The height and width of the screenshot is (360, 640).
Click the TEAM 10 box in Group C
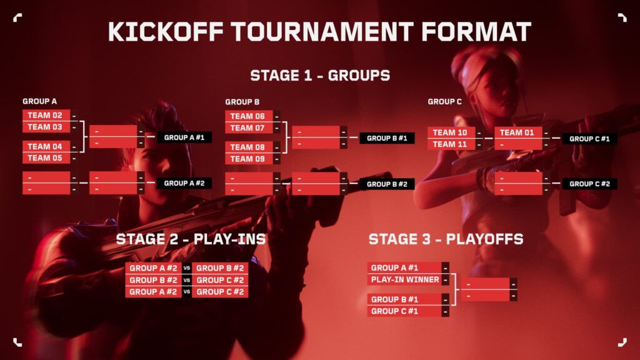(450, 132)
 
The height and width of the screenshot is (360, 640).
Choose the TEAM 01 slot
(517, 132)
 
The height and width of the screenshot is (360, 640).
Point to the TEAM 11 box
(450, 144)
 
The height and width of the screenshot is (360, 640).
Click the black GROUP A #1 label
(184, 137)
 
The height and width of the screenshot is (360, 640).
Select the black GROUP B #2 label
(387, 184)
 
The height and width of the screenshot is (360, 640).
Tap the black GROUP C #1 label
(589, 139)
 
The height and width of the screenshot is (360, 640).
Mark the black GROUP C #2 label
(589, 184)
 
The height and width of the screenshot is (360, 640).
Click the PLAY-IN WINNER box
(405, 280)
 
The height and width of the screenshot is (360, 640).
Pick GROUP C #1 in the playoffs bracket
(405, 311)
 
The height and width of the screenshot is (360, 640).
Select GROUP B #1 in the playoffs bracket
(405, 299)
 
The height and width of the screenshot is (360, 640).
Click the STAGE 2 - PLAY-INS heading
(191, 239)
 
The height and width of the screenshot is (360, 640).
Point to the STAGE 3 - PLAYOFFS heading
(446, 239)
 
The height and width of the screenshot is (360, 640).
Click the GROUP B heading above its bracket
(242, 102)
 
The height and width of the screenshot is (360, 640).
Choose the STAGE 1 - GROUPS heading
(320, 76)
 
